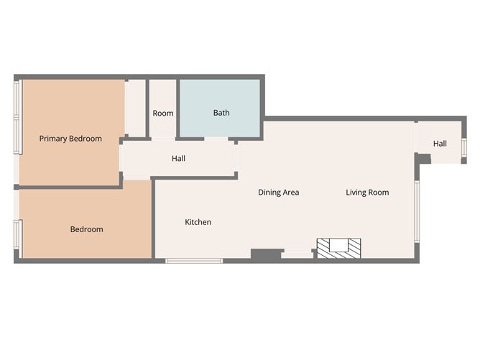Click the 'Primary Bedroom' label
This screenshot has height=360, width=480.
(x=70, y=139)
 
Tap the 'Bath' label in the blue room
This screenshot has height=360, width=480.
(x=221, y=113)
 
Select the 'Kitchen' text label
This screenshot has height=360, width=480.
(x=198, y=222)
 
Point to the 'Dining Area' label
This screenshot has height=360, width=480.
(x=279, y=193)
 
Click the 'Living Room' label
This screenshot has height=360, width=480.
(x=367, y=193)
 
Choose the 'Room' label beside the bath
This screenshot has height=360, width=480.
(x=163, y=114)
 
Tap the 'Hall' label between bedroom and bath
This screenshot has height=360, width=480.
(x=179, y=158)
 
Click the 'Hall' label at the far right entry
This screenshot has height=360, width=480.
(x=440, y=144)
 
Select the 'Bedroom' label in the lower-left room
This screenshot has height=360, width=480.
(x=86, y=229)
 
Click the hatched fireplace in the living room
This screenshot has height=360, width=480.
(x=340, y=248)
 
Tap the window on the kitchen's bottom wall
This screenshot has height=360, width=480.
(x=195, y=260)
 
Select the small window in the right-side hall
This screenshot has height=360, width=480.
(x=464, y=147)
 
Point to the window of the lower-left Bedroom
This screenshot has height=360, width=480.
(x=19, y=239)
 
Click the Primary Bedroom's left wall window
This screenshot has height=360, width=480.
(x=18, y=116)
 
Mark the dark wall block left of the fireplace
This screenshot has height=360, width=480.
(x=265, y=254)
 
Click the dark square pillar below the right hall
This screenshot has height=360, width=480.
(x=423, y=158)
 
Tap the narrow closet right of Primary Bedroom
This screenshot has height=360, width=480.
(x=135, y=108)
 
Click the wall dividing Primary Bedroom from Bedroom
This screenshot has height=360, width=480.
(x=68, y=187)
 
